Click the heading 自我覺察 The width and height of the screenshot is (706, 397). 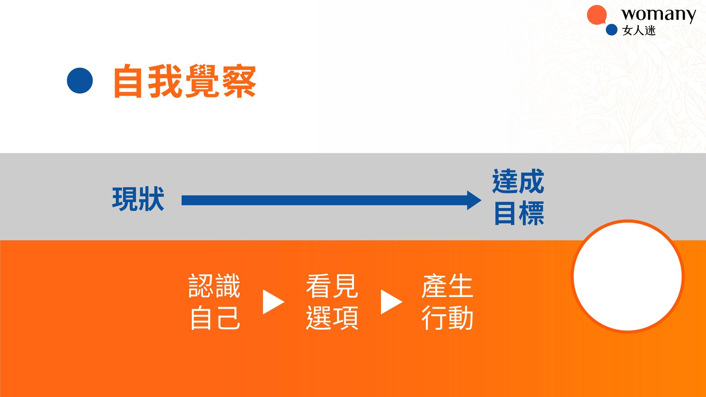[x=185, y=81]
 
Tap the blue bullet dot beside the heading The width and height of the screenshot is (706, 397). [x=80, y=81]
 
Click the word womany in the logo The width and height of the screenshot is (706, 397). [x=659, y=15]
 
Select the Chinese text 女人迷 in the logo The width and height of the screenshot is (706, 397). [x=639, y=30]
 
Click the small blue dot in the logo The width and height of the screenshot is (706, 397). [x=611, y=30]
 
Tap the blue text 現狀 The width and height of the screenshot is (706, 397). [x=138, y=199]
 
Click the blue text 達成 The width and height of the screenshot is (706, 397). [x=518, y=181]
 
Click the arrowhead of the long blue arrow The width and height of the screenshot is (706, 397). [x=474, y=200]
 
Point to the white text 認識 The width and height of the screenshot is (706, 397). [x=214, y=286]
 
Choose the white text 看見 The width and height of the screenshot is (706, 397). [x=332, y=286]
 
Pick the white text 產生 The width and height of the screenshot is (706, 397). [x=447, y=286]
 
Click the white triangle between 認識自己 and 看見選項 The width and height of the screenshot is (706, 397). [x=273, y=302]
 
